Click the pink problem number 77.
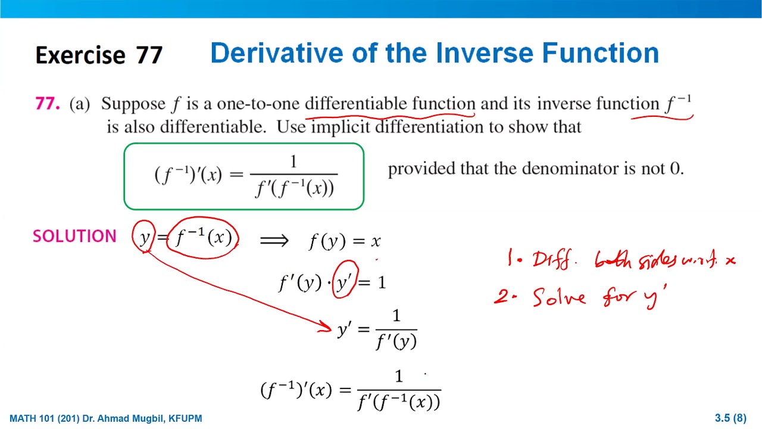[48, 104]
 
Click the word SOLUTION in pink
[74, 237]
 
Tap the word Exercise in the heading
[80, 55]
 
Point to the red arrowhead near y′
[326, 327]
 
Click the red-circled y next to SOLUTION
[144, 237]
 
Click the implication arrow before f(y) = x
[274, 240]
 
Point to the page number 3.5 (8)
[730, 418]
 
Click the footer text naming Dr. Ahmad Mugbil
[106, 418]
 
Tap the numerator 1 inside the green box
[293, 161]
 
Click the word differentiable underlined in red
[357, 104]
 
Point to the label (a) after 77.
[80, 104]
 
